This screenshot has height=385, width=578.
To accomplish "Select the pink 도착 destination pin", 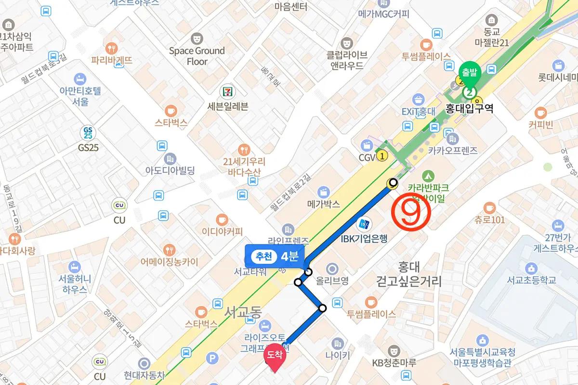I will click(x=275, y=357).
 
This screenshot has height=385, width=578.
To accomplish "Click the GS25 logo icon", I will click(x=88, y=133).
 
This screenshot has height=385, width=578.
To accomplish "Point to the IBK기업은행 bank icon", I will click(x=364, y=224).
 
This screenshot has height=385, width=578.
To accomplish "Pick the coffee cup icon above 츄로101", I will click(x=489, y=208).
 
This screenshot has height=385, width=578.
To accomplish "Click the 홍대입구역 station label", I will click(x=470, y=108).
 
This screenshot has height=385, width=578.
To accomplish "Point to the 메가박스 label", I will click(x=324, y=204).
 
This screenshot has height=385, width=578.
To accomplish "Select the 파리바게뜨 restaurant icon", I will click(x=112, y=48).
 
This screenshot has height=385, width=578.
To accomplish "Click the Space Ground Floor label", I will click(x=197, y=56).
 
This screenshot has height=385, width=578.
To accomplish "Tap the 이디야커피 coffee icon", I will click(x=222, y=218).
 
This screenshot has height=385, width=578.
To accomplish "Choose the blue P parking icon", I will click(x=210, y=358).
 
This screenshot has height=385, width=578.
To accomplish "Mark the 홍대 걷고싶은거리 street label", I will click(x=409, y=274).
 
